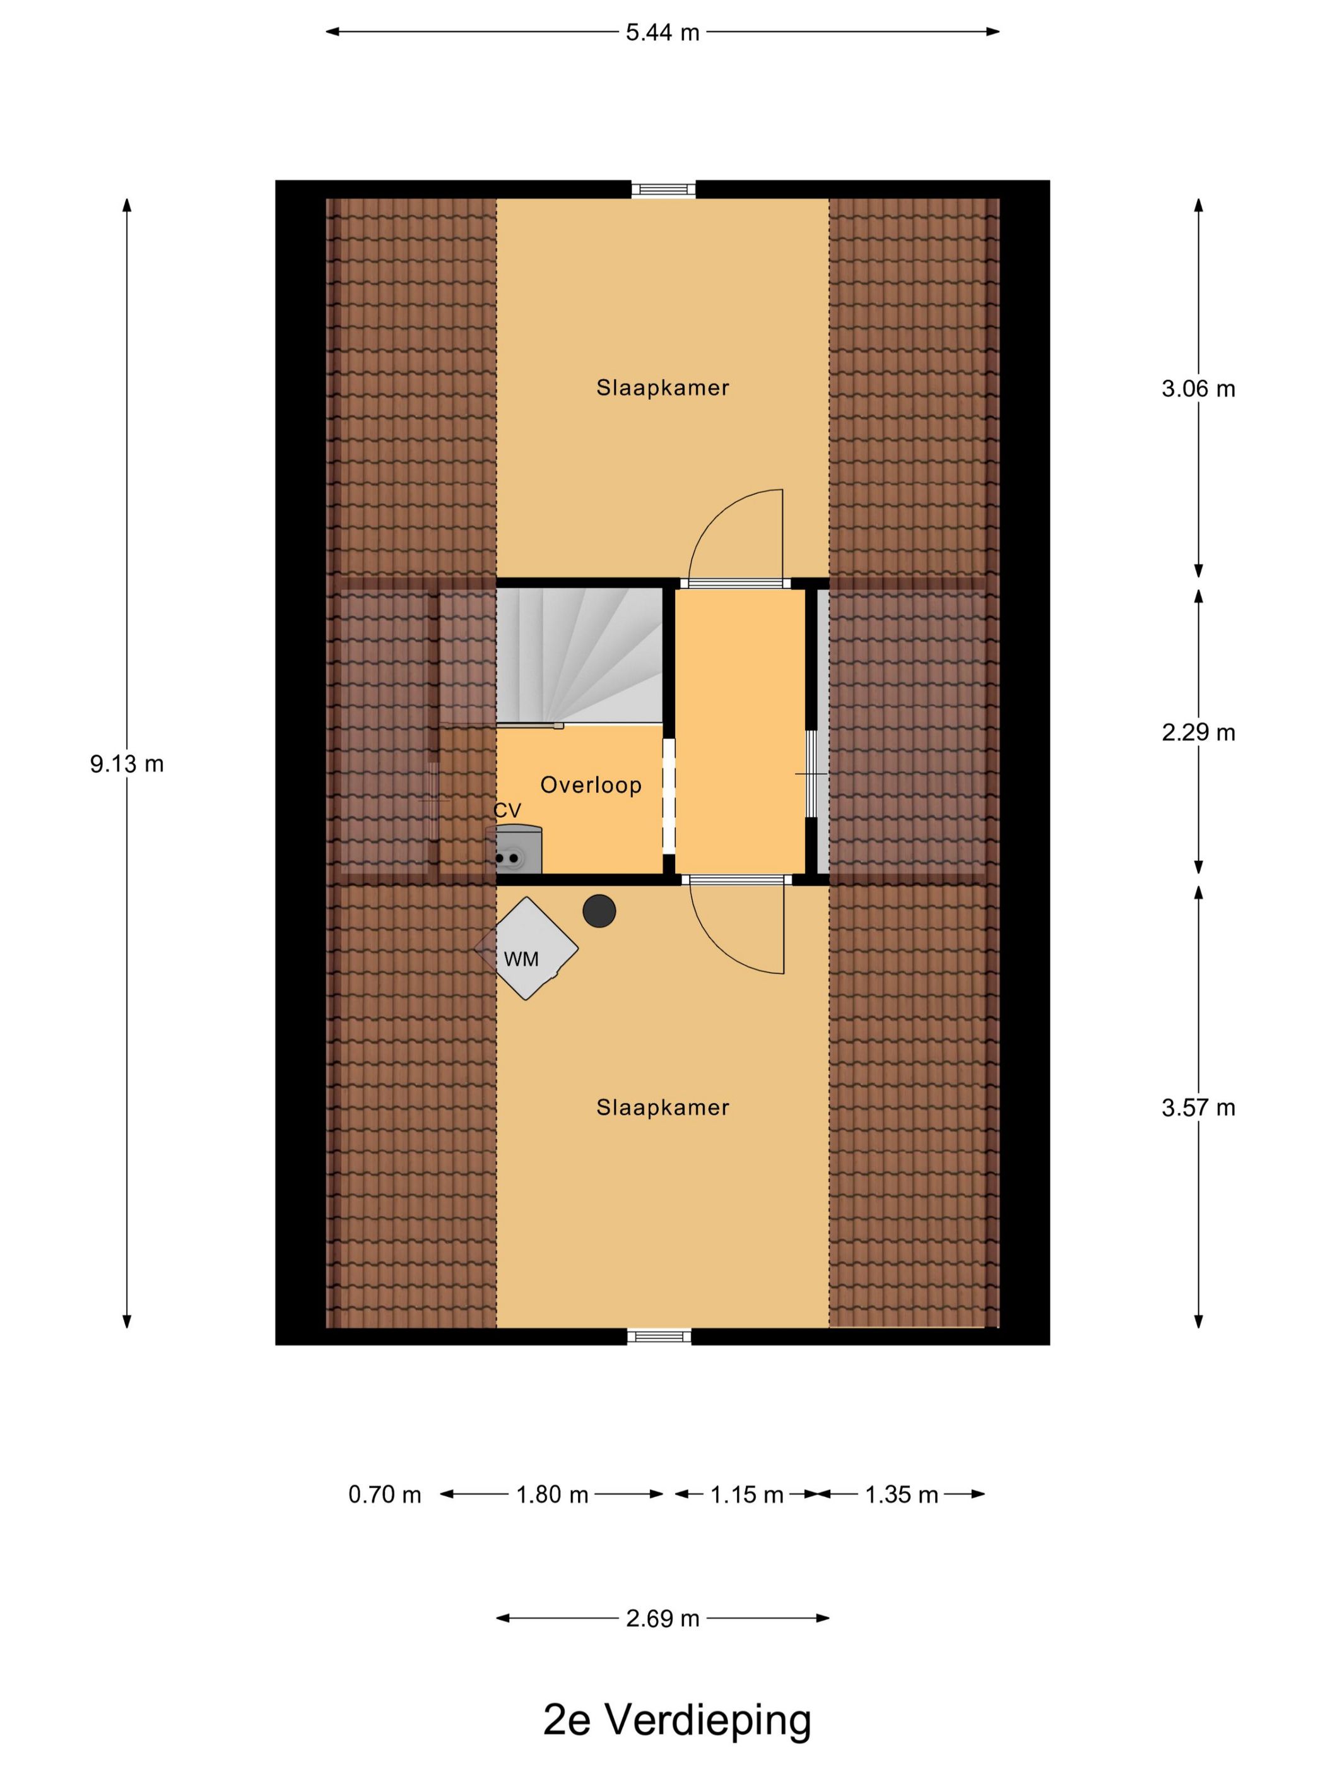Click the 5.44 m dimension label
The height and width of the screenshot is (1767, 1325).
tap(662, 33)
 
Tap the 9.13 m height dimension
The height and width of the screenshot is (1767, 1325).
tap(126, 764)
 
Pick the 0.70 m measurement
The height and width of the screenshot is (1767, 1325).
tap(384, 1494)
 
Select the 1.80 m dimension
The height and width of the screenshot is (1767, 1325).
tap(552, 1494)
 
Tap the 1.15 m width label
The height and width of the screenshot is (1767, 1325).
tap(747, 1494)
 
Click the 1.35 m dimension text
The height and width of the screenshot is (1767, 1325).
tap(901, 1494)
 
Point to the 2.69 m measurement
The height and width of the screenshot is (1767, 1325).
tap(662, 1619)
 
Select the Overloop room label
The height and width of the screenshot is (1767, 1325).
tap(591, 784)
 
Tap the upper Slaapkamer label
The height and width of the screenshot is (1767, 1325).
tap(662, 388)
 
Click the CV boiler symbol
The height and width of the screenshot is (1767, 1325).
tap(514, 850)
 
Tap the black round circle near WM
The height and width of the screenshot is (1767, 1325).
tap(599, 911)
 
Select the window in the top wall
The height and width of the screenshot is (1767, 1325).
tap(663, 189)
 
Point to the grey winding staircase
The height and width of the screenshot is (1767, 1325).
tap(579, 655)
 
